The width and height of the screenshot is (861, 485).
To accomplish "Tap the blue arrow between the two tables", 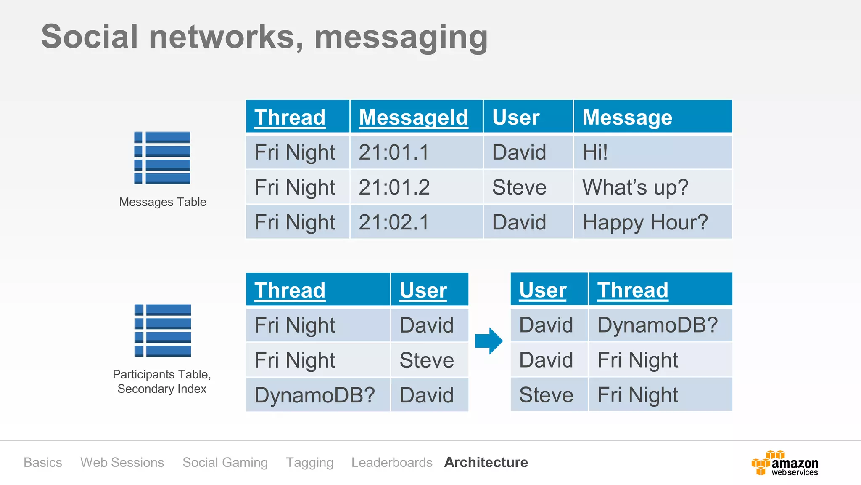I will (489, 341).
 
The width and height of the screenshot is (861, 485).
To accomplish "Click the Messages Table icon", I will (162, 158).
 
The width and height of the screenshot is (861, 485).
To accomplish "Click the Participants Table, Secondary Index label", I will (162, 381).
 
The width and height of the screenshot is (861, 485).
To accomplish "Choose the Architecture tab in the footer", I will (486, 462).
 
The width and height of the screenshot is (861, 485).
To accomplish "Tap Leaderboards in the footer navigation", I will (392, 462).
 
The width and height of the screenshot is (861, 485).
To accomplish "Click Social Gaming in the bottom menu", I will (225, 462).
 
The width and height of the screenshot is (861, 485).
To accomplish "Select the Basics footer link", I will (43, 462).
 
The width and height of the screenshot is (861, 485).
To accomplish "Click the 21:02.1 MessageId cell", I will (394, 222).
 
